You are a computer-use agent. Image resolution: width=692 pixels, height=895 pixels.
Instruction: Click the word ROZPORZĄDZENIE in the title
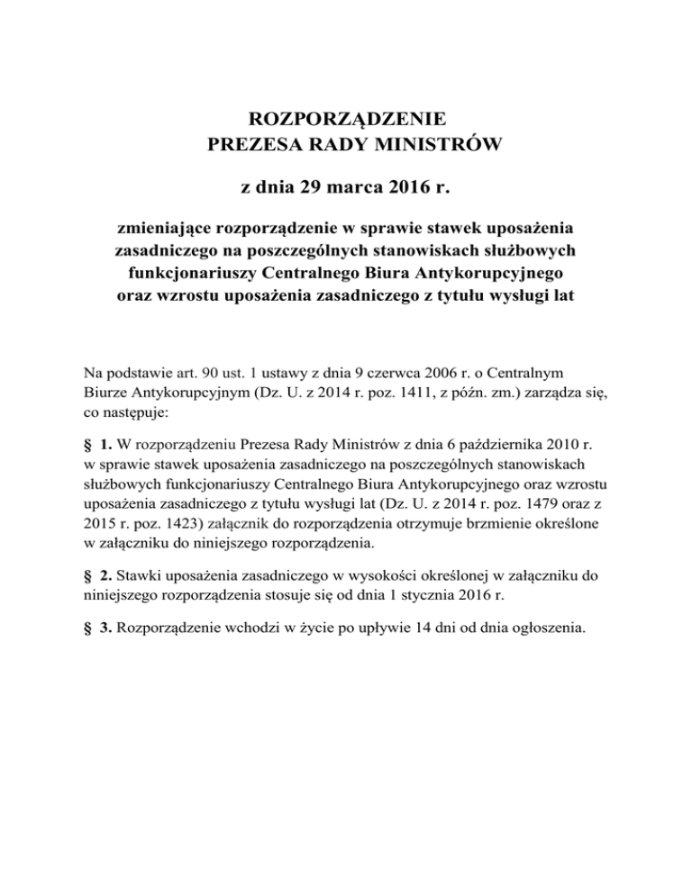346,118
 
